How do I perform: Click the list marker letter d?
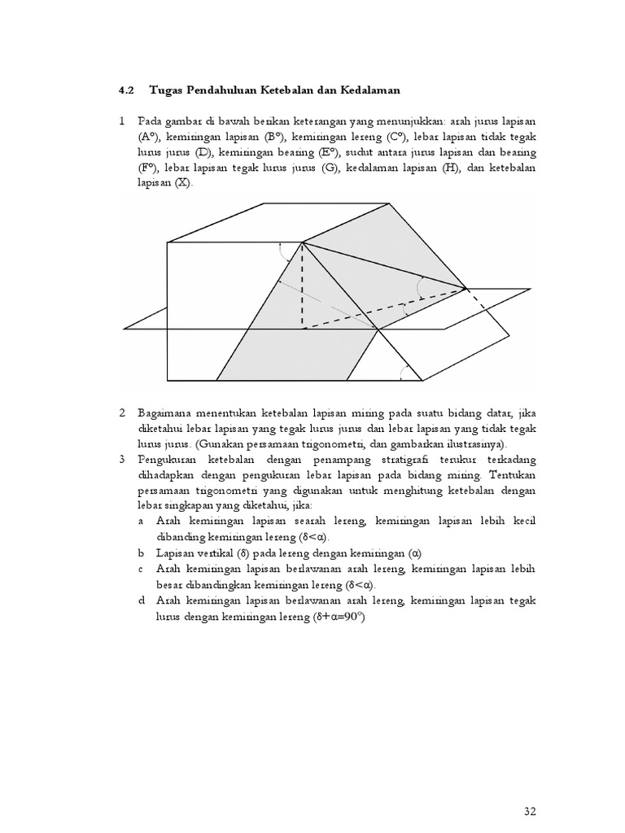142,600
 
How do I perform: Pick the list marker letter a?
142,521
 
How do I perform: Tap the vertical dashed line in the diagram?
303,285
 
